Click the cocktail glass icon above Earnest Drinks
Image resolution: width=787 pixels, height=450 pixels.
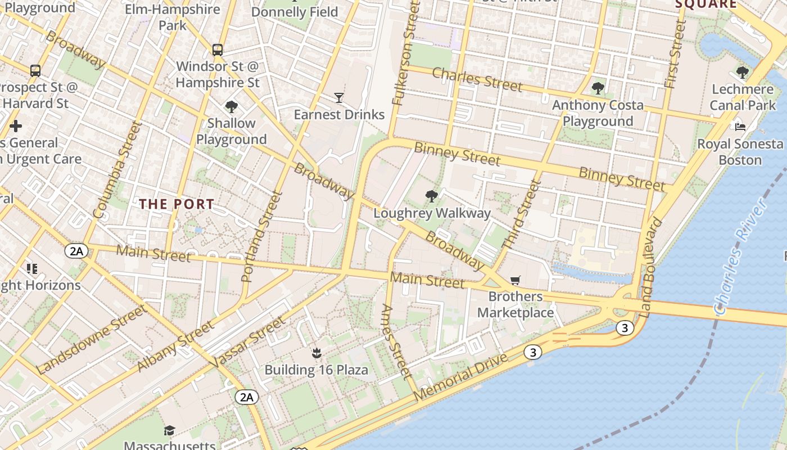coord(338,98)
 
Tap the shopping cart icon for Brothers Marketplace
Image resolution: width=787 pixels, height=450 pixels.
coord(515,280)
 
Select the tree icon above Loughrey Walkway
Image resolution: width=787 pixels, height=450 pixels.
coord(432,196)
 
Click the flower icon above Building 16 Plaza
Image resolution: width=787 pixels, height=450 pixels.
coord(316,353)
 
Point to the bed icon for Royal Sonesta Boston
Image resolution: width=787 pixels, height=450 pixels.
coord(740,127)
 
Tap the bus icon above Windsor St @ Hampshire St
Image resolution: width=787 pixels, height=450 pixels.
coord(218,49)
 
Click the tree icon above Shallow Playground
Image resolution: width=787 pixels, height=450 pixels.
coord(231,106)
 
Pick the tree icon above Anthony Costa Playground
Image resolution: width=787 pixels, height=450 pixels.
coord(598,88)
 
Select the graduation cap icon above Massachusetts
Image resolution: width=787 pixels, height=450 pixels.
coord(169,430)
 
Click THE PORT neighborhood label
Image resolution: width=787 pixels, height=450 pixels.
coord(177,204)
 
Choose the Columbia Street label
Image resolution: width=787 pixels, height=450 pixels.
coord(116,170)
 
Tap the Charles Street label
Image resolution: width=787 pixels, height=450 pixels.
coord(477,79)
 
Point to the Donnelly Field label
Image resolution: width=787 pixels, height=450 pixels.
coord(295,12)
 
